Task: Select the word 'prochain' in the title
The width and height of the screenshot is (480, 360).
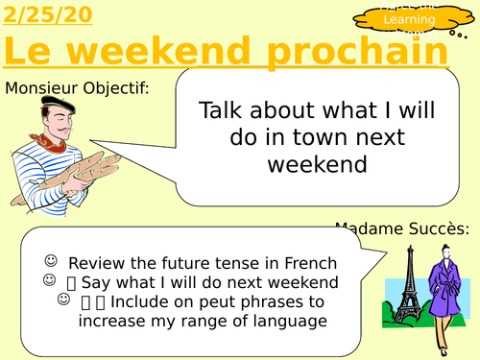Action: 361,52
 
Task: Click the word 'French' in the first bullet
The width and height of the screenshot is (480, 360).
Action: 308,263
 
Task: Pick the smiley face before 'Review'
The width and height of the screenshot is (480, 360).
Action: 49,261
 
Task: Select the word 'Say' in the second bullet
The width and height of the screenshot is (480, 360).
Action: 97,282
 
